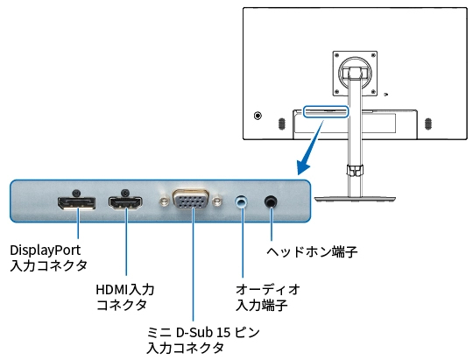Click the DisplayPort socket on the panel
click(76, 203)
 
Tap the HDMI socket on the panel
click(125, 203)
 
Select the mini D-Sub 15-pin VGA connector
click(191, 199)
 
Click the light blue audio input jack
click(242, 201)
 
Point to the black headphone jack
click(271, 201)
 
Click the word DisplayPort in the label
click(46, 251)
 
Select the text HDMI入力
click(125, 289)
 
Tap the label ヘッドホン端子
click(312, 251)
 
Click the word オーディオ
click(268, 289)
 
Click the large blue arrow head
click(303, 167)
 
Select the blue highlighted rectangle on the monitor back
click(326, 111)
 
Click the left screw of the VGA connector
click(163, 201)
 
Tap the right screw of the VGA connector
click(217, 201)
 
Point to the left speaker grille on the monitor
click(281, 124)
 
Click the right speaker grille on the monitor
click(427, 124)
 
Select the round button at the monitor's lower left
click(258, 116)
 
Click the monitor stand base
click(355, 199)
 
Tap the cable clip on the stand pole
click(355, 170)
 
